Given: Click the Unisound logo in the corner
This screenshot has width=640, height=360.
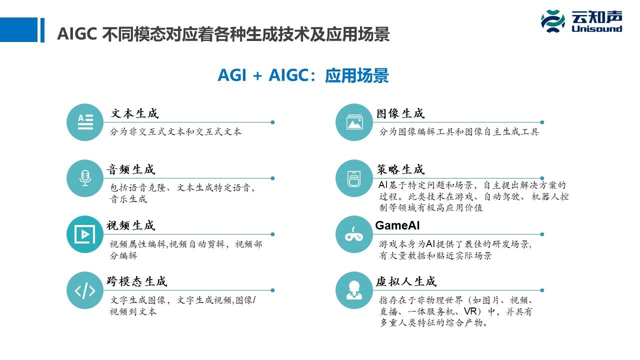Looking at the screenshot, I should (581, 21).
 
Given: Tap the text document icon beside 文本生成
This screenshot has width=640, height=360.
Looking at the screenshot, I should (85, 122).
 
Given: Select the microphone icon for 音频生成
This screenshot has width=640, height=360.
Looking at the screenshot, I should (85, 178).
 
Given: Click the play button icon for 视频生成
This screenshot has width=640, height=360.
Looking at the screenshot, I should (85, 234).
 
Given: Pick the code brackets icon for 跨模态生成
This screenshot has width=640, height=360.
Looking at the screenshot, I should (85, 290).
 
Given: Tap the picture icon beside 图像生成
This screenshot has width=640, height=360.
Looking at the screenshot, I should (354, 122).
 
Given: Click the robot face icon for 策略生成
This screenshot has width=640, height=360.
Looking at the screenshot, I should (354, 178).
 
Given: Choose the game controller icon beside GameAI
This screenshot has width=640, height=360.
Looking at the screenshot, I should (354, 234).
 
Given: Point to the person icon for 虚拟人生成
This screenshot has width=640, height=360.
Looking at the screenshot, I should (354, 290).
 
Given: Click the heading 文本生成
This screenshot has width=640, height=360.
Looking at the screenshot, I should (134, 113).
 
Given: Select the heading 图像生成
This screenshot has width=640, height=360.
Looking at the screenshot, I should (400, 113).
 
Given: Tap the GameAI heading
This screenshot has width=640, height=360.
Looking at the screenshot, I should (397, 225).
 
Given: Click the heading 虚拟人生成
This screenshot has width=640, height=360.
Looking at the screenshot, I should (406, 281).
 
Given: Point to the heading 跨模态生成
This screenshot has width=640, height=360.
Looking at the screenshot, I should (136, 281).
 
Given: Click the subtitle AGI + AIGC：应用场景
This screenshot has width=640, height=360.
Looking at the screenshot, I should (303, 75).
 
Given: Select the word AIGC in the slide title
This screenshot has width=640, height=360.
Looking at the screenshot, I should (76, 34).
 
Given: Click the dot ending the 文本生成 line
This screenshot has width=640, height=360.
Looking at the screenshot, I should (272, 122).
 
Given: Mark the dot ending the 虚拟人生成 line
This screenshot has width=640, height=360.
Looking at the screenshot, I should (542, 290).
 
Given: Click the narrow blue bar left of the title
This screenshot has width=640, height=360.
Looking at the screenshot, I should (42, 30).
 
